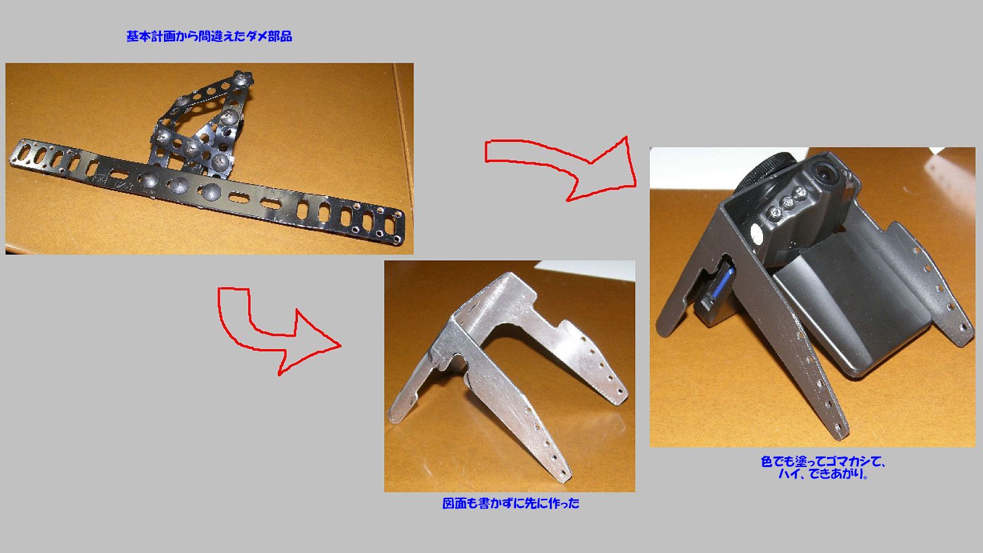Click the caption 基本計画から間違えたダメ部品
pos(209,37)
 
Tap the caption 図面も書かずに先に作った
pos(511,504)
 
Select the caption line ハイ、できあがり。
pos(823,475)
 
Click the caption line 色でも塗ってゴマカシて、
pos(823,461)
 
